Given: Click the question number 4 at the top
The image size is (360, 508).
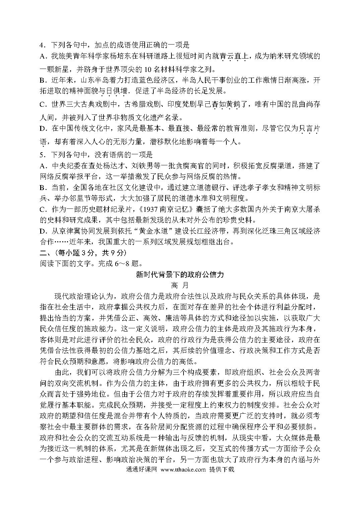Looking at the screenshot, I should point(42,45).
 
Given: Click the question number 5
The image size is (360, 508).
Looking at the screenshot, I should point(42,155).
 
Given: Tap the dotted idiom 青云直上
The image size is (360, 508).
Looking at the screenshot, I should point(234,56).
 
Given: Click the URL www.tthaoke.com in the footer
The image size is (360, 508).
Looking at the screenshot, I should point(183,470).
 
